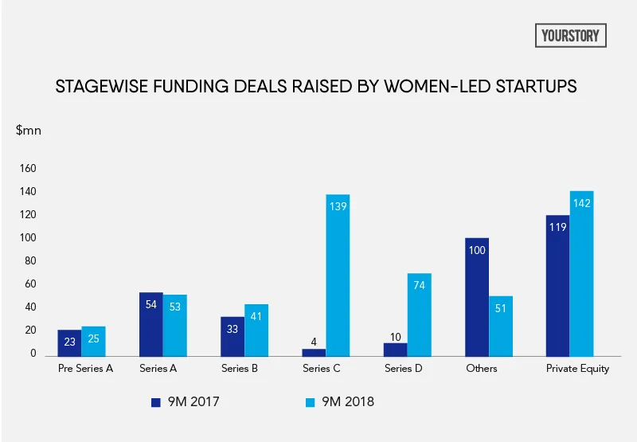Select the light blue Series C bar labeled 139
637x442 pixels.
[338, 275]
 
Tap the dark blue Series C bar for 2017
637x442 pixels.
[314, 352]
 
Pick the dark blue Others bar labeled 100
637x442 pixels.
[477, 296]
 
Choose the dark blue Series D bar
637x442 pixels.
[396, 349]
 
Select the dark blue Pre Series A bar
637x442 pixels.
[69, 342]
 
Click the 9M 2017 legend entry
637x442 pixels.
[185, 401]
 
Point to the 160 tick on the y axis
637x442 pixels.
[28, 169]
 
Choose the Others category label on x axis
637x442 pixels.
[482, 369]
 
